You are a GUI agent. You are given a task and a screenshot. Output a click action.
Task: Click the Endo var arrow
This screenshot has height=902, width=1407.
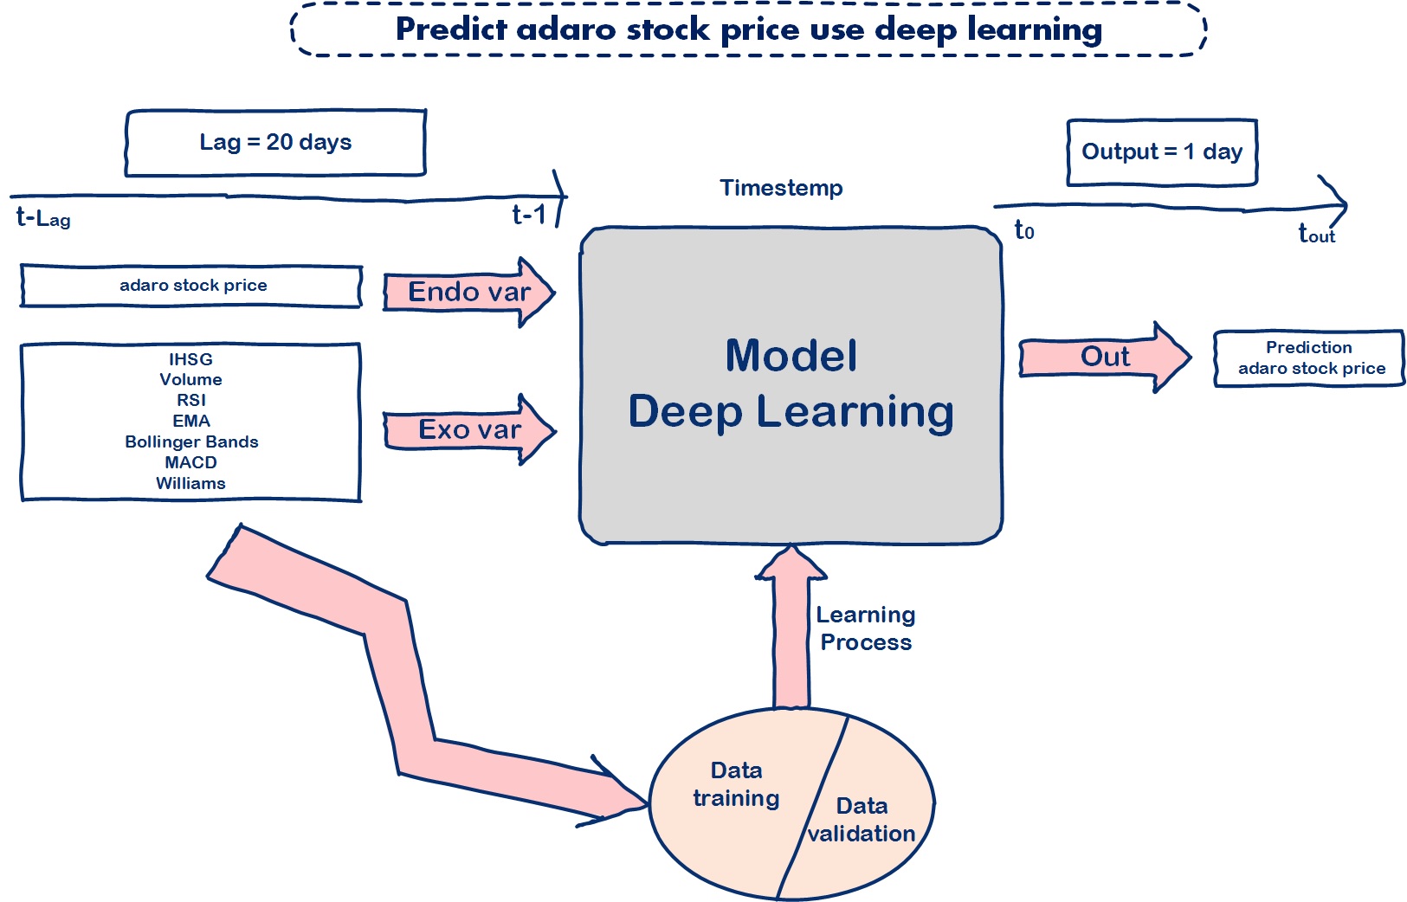coord(468,293)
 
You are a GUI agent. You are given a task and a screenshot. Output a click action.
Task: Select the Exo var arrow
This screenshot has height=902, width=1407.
coord(468,429)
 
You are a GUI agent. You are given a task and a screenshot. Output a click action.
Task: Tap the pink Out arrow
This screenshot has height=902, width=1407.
coord(1104,357)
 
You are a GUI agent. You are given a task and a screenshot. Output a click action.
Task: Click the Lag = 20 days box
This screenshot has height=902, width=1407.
coord(275,143)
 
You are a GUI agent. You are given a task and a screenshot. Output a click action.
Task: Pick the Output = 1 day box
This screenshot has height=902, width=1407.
coord(1161,152)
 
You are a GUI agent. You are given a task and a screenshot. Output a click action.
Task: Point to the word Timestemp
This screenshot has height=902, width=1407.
coord(781,188)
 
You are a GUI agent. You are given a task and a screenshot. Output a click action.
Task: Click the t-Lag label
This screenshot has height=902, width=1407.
coord(42,217)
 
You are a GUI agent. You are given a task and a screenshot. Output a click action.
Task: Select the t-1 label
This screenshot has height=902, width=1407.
coord(529,215)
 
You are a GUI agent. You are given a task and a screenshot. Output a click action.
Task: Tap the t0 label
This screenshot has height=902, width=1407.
coord(1024,230)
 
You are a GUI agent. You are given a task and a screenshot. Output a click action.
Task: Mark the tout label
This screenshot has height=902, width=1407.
coord(1316,234)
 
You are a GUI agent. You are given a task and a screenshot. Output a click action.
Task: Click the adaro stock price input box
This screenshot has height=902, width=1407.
coord(192,286)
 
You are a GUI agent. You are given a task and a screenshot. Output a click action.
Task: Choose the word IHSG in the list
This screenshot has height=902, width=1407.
coord(190,359)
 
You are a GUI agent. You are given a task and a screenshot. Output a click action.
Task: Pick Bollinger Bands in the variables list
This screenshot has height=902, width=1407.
coord(191,441)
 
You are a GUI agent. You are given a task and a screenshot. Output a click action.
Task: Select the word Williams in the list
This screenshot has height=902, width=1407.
coord(190,483)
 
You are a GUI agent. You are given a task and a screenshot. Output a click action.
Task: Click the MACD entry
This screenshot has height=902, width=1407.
coord(190,462)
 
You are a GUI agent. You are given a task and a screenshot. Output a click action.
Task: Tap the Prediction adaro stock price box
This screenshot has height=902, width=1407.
coord(1309,358)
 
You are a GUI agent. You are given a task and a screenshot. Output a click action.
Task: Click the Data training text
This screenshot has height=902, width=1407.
coord(736,784)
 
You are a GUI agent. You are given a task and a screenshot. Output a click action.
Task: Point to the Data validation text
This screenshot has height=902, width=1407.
coord(862,820)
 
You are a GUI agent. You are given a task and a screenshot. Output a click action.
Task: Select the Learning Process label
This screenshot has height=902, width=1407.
coord(865,628)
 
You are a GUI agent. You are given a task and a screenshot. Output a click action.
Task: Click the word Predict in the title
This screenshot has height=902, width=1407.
coord(451,29)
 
